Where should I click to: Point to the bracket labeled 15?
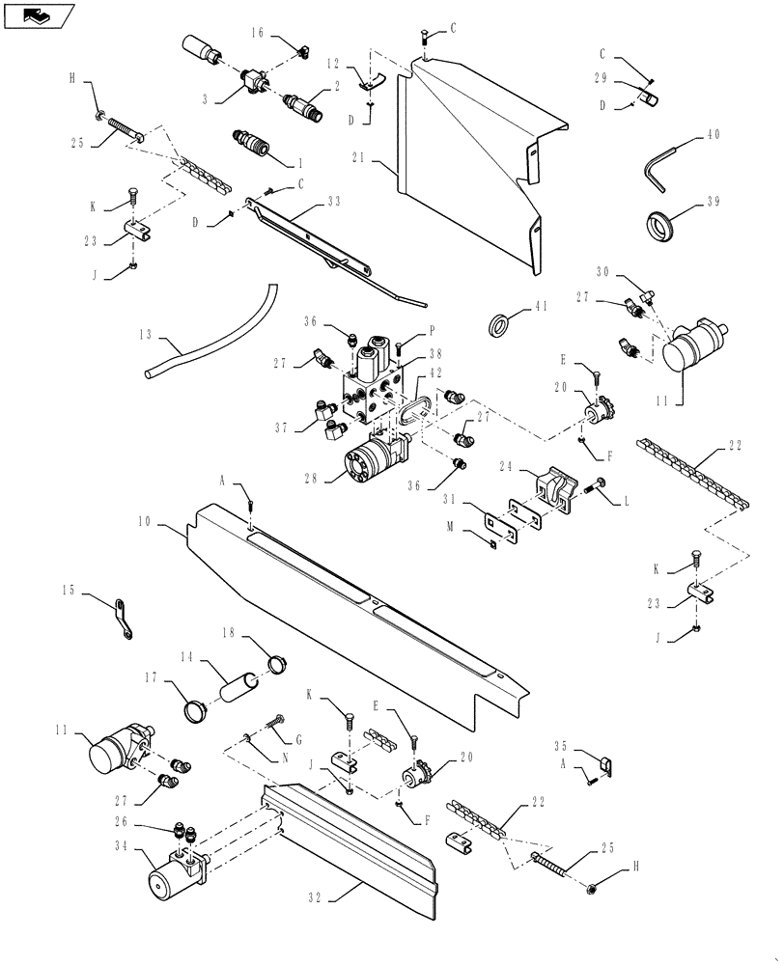click(123, 619)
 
